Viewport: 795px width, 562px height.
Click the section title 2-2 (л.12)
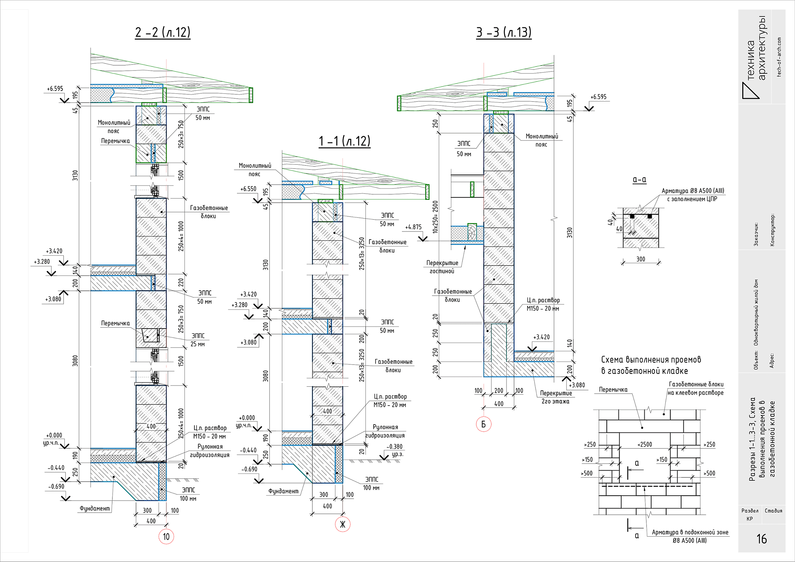163,32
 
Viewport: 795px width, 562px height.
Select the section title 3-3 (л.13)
504,32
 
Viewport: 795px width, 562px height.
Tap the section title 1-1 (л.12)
344,141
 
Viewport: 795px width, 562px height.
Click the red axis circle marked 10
166,537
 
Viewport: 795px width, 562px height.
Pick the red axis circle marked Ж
343,524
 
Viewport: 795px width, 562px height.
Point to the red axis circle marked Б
483,424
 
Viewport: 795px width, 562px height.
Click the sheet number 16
762,539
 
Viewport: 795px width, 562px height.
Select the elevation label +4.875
414,227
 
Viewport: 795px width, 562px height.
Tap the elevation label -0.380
394,447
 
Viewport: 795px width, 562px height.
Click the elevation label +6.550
248,189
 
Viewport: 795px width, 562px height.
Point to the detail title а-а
639,180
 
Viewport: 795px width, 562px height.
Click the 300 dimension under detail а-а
641,259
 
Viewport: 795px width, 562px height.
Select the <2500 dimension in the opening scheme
645,445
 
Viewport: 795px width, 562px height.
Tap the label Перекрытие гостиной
442,267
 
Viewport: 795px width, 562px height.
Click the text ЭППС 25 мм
198,340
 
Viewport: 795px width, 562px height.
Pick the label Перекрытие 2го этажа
556,397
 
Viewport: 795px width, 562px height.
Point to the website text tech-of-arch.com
779,57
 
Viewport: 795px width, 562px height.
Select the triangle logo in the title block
750,91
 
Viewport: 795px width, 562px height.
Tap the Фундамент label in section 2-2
95,508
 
